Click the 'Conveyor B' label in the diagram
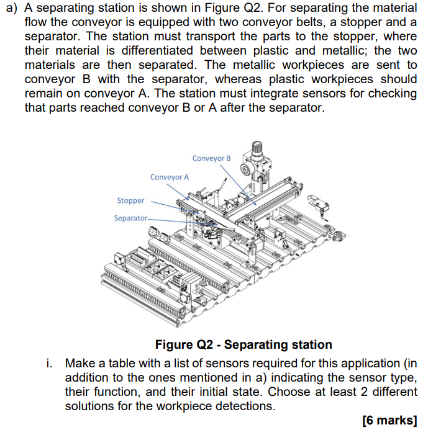coord(211,158)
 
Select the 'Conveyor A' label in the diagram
coord(170,177)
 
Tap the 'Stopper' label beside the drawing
coord(130,200)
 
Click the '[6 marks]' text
coord(389,420)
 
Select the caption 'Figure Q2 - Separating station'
coord(243,344)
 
